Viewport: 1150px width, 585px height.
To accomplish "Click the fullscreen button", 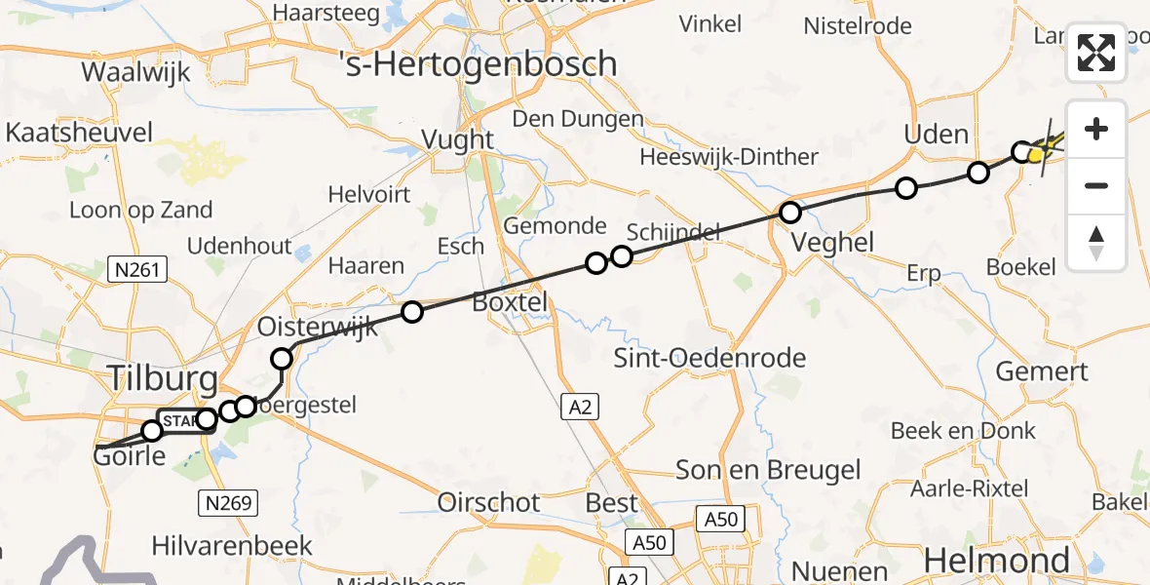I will pos(1096,53).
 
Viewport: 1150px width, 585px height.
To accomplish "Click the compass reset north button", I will pos(1096,243).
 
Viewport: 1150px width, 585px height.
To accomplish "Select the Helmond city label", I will pos(997,560).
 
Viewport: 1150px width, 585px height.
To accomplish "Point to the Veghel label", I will pos(834,242).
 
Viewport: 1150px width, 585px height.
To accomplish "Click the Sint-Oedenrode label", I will pos(709,358).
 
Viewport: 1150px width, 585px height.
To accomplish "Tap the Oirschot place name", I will pos(489,502).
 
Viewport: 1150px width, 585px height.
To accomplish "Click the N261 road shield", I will pos(137,268).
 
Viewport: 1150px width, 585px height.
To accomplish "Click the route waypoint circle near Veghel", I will pos(790,213).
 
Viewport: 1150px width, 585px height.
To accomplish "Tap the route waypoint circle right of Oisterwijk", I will pos(412,312).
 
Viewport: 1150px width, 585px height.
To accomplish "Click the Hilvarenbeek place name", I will pos(232,545).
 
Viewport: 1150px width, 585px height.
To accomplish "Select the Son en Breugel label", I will pos(769,471).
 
